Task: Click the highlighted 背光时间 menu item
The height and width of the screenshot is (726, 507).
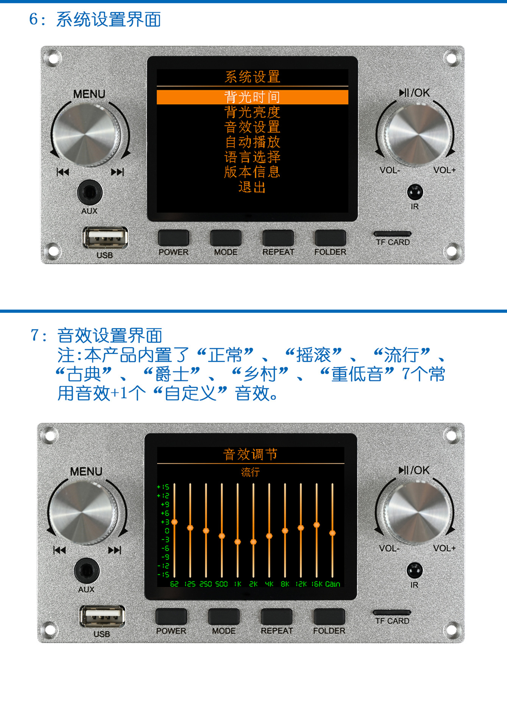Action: click(252, 97)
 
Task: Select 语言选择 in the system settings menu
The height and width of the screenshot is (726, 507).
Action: click(252, 157)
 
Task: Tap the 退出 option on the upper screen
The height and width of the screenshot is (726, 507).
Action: click(252, 187)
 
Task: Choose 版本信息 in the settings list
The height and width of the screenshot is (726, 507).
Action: click(252, 172)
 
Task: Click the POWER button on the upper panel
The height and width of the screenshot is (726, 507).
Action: click(173, 238)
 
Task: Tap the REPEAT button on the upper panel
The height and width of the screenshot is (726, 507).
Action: click(278, 238)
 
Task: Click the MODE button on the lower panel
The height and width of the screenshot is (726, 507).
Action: click(224, 616)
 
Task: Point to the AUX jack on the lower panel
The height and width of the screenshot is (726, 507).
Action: click(87, 571)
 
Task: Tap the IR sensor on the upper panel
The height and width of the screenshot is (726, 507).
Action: click(415, 192)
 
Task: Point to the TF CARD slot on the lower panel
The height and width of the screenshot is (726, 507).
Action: click(392, 612)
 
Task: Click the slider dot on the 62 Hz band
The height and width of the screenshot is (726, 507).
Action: click(175, 522)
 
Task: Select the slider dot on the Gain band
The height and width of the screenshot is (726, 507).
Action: click(332, 533)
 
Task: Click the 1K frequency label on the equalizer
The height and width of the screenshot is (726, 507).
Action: click(237, 584)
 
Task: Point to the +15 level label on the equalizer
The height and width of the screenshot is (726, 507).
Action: click(163, 487)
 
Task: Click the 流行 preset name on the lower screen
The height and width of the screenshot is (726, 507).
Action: click(250, 472)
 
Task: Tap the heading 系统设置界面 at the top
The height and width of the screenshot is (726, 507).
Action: click(109, 19)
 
